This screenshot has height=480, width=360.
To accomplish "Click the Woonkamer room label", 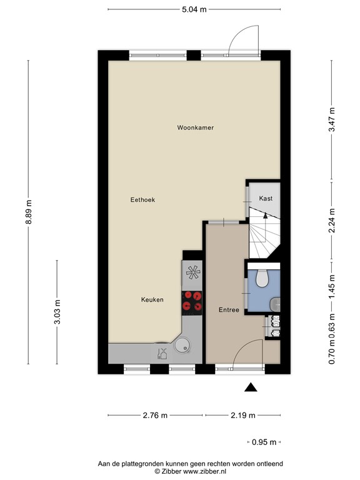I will [x=196, y=127].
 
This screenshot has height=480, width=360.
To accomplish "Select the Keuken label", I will [x=152, y=299].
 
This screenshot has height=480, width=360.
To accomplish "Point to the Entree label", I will [x=229, y=310].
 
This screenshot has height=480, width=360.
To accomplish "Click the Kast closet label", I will [x=266, y=198].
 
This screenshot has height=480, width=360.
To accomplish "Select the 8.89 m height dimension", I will [x=29, y=216].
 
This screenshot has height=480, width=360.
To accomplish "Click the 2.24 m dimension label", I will [x=332, y=219].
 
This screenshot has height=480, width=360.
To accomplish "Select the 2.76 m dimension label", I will [x=156, y=416].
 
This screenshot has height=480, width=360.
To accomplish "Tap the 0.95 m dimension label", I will [x=264, y=442].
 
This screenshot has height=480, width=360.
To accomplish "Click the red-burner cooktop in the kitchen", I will [x=192, y=301].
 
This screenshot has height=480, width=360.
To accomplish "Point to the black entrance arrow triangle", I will [x=251, y=387].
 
